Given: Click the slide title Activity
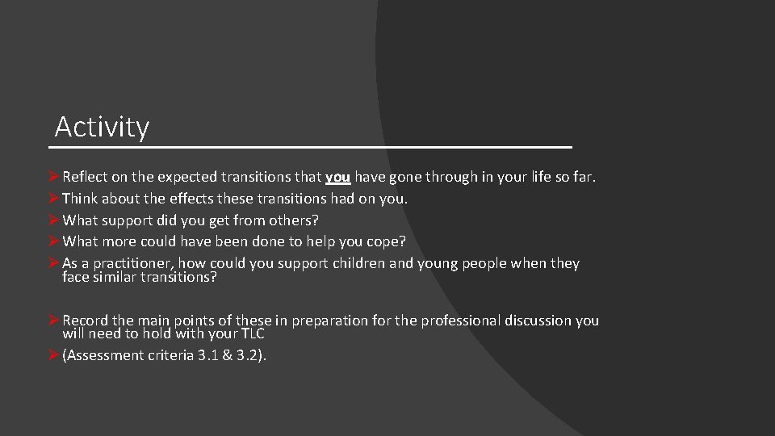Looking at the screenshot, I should click(102, 128).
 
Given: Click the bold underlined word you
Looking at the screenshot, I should click(337, 177).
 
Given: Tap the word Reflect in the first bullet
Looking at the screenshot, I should click(86, 177).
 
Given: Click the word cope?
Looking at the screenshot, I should click(386, 241).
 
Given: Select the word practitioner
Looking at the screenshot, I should click(132, 264).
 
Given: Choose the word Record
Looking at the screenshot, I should click(86, 321).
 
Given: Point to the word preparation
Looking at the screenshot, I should click(329, 321).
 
